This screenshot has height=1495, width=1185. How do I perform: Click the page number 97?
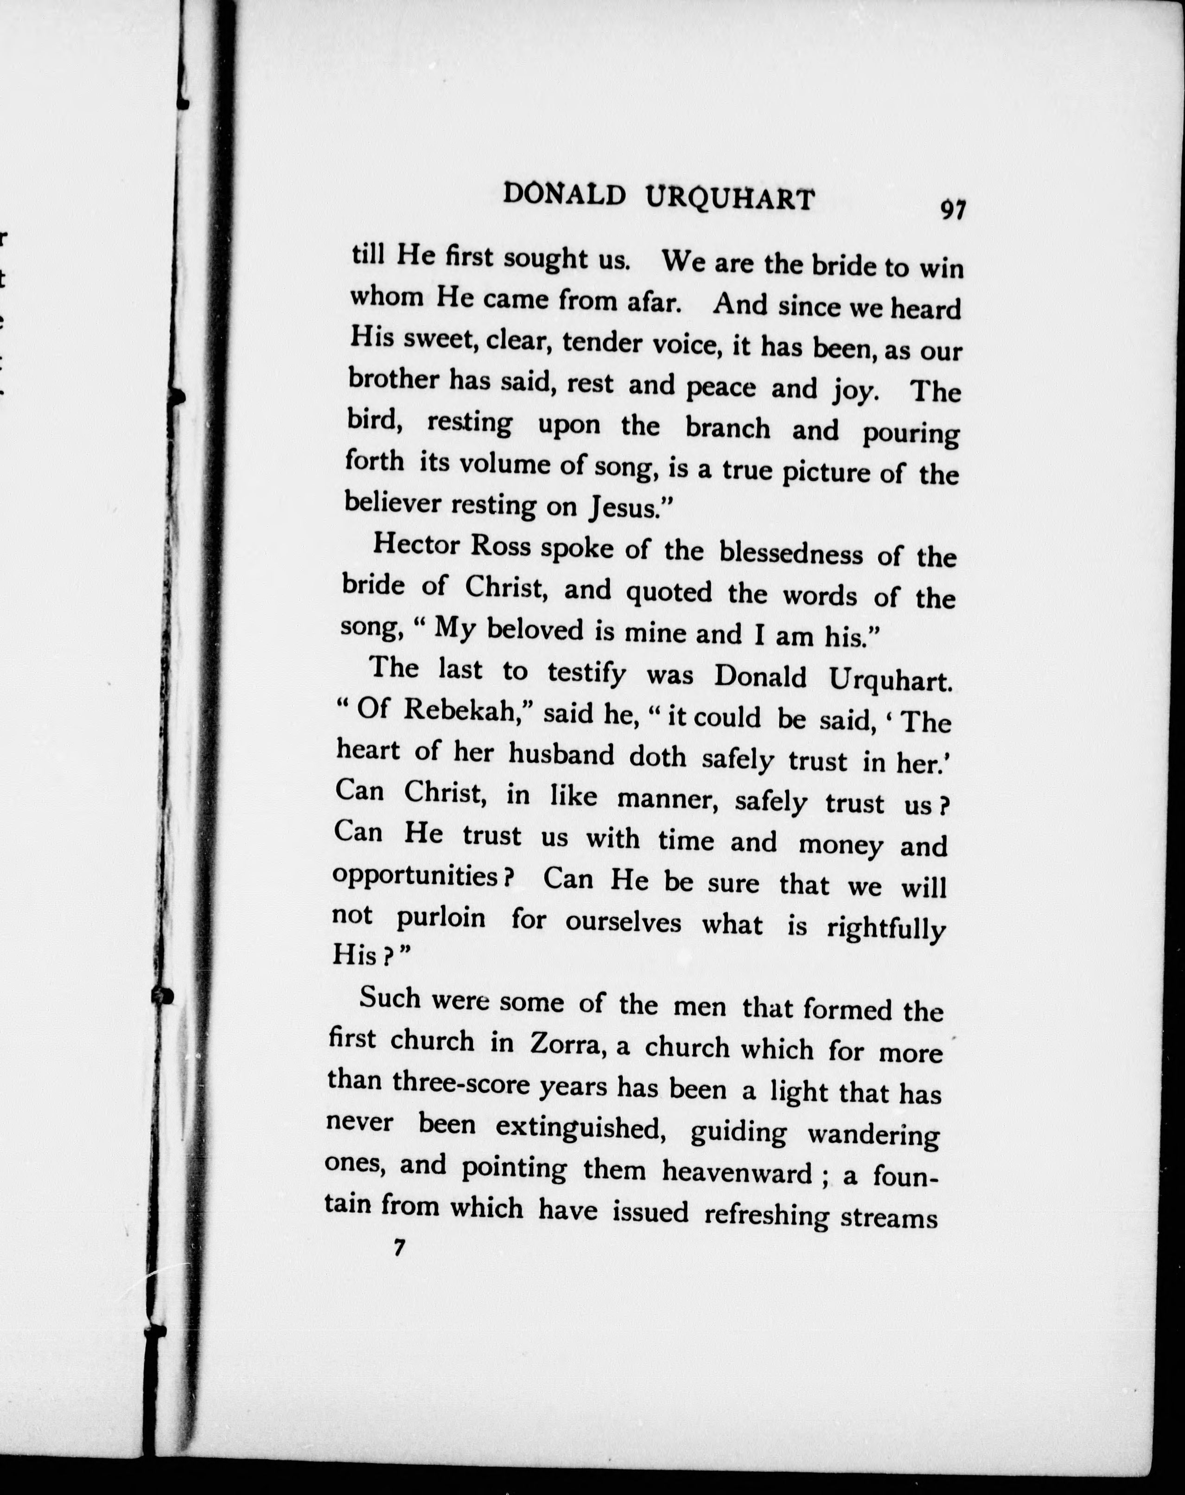pyautogui.click(x=952, y=209)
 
